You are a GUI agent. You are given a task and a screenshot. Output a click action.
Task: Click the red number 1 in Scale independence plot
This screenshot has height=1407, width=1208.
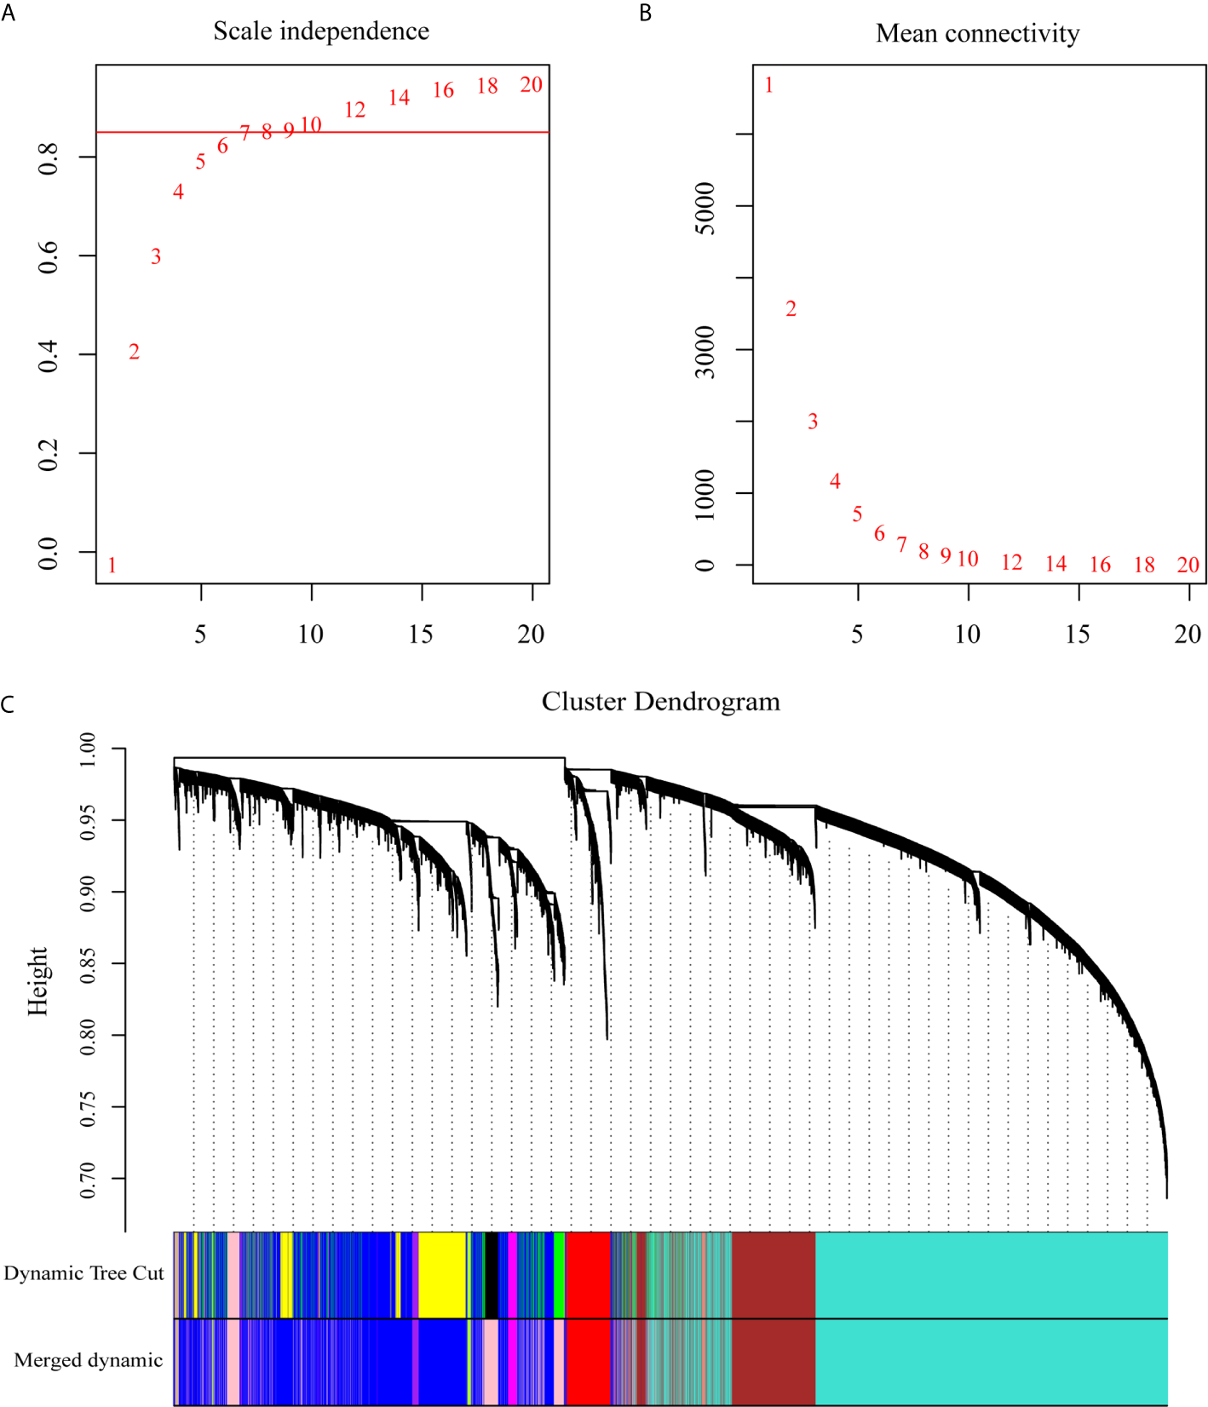click(112, 565)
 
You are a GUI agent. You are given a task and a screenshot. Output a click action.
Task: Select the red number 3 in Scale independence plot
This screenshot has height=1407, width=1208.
click(156, 256)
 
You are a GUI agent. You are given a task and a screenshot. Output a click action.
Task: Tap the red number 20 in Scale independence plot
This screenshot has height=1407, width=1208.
click(531, 84)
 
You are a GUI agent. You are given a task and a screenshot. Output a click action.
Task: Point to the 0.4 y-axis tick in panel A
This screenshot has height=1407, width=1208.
click(49, 354)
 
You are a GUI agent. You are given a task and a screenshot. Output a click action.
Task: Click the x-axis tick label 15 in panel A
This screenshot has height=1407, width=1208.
click(421, 634)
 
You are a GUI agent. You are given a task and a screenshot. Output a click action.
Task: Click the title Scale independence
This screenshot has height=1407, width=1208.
click(321, 32)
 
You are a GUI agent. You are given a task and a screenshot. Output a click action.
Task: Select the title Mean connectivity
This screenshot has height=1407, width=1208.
click(977, 34)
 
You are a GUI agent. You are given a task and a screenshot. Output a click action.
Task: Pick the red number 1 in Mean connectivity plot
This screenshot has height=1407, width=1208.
click(768, 85)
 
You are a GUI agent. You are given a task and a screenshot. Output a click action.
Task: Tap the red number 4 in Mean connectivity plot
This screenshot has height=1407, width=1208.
click(835, 481)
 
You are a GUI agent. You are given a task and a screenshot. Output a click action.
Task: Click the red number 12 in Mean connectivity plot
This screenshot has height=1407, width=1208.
click(1011, 562)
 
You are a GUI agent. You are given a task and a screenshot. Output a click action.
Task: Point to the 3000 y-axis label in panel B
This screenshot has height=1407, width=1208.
click(705, 351)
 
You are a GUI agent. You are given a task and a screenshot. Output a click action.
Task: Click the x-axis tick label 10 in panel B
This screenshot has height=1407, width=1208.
click(967, 634)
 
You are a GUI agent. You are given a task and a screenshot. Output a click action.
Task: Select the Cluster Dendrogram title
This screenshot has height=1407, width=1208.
click(660, 702)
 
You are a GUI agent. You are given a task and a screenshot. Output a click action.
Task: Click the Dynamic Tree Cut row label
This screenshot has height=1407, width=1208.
click(83, 1273)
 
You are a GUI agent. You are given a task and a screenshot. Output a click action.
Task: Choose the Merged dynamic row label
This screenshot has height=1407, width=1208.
click(89, 1360)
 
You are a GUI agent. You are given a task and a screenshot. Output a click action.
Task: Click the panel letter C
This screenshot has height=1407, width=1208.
click(8, 704)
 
